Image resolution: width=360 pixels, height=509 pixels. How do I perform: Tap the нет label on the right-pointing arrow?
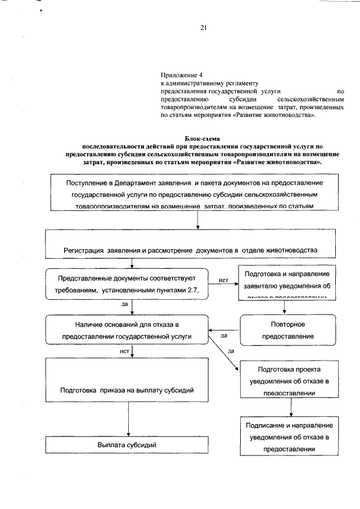point(223,279)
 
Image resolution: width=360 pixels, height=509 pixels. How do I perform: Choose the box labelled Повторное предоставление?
point(287,330)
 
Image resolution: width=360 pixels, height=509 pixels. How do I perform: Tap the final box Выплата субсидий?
point(127,445)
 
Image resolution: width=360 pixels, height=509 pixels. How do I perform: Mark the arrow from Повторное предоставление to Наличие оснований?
point(224,330)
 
